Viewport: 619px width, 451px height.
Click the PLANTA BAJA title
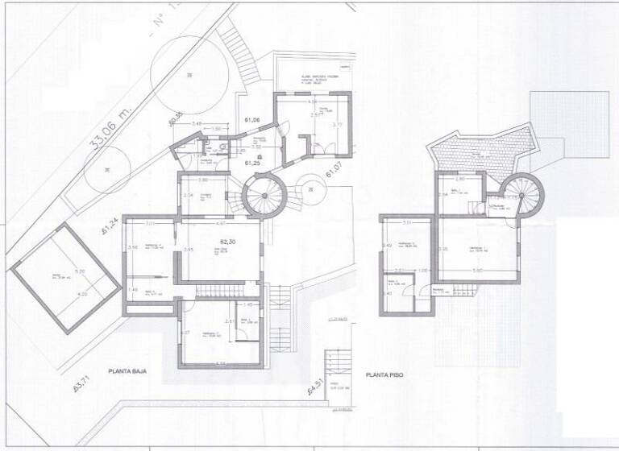[133, 372]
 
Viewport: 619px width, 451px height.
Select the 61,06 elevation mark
[251, 121]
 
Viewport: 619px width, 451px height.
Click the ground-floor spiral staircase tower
[260, 196]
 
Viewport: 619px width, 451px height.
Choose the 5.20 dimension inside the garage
[80, 271]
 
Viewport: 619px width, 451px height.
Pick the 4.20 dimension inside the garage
[81, 295]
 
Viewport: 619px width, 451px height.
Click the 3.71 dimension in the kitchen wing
[338, 125]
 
